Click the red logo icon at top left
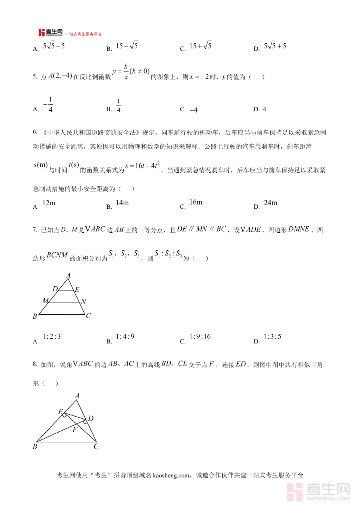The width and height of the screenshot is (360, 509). (x=42, y=33)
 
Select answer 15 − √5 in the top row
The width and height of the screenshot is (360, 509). (x=126, y=46)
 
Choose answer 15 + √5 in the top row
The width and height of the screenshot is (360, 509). (x=200, y=46)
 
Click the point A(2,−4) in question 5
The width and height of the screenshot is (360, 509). (x=60, y=76)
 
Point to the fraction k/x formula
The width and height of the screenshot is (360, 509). (x=125, y=72)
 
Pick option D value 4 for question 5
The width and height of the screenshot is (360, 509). (x=264, y=109)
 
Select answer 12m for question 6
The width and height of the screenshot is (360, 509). (x=48, y=203)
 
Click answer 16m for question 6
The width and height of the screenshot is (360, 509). (x=196, y=202)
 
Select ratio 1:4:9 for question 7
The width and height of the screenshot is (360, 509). (x=125, y=337)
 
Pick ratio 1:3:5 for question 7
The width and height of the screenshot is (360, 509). (x=272, y=337)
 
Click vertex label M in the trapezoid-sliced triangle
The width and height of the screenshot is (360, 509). (x=45, y=300)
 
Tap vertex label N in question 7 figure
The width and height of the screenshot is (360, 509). (x=83, y=302)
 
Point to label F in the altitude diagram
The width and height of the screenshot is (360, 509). (x=75, y=430)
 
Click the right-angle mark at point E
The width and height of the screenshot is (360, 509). (x=64, y=415)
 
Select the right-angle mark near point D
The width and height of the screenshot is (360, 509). (x=85, y=421)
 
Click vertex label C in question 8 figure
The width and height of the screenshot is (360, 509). (x=96, y=447)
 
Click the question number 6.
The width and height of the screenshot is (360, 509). (x=35, y=132)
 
